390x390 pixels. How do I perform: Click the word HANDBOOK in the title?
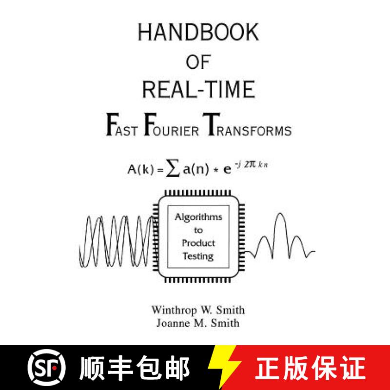coord(198,33)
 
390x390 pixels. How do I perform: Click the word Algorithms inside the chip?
coord(198,217)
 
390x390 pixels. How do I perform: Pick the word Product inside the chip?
coord(198,243)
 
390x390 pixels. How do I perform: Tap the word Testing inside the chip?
coord(198,256)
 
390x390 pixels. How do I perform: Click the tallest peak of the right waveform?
coord(280,215)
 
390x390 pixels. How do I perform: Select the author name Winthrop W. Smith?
coord(198,310)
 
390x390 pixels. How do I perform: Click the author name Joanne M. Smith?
coord(198,322)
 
